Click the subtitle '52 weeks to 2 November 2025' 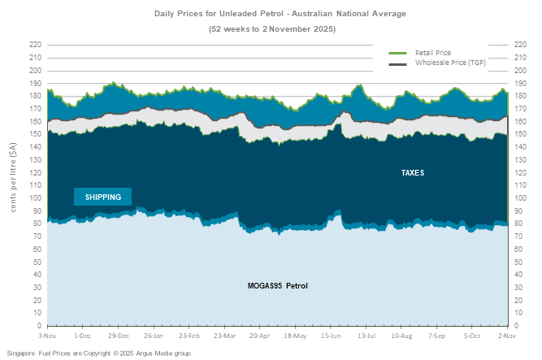click(271, 28)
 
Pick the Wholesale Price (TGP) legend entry click(450, 62)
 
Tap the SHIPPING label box click(103, 197)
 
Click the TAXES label click(413, 173)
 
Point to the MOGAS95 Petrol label click(278, 285)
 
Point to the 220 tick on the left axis click(35, 45)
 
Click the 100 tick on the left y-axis click(35, 197)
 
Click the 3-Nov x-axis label click(48, 335)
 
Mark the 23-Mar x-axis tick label click(224, 335)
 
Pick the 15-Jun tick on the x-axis click(331, 335)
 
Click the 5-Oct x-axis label click(472, 335)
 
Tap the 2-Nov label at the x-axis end click(507, 335)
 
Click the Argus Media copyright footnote click(99, 353)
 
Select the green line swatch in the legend click(398, 53)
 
